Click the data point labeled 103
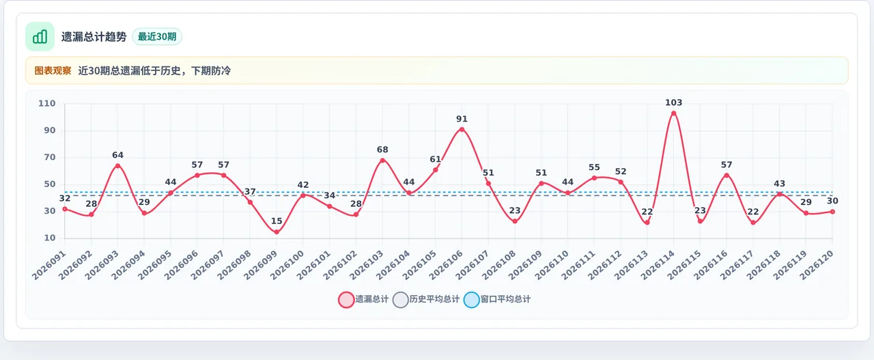(673, 113)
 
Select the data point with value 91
(462, 129)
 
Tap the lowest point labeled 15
(277, 232)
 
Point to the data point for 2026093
(118, 166)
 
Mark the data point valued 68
(382, 160)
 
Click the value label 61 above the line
(436, 159)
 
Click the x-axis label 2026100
(287, 265)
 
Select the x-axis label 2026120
(817, 265)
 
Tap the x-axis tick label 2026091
(49, 265)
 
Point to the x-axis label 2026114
(658, 265)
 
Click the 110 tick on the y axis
(47, 103)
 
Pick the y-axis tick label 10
(50, 238)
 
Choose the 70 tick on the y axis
(50, 157)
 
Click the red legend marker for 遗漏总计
(346, 299)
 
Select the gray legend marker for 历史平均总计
(400, 299)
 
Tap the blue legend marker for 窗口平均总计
(471, 299)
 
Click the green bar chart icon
(40, 36)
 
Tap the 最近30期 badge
(157, 37)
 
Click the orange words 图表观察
(53, 70)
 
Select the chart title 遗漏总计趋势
(94, 37)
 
